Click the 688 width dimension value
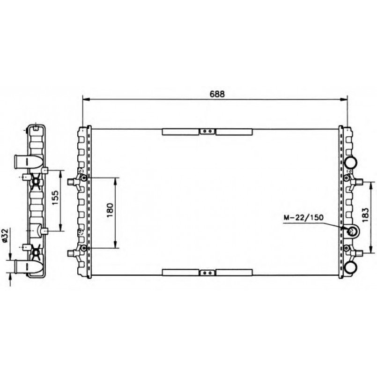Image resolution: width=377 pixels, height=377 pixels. (x=217, y=94)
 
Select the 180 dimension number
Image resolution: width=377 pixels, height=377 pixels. (x=110, y=210)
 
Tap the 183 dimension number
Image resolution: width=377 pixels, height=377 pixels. (x=365, y=214)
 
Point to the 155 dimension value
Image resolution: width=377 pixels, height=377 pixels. (x=55, y=197)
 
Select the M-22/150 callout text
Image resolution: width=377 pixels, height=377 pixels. (x=303, y=218)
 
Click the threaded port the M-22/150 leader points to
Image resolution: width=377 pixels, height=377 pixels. (x=351, y=231)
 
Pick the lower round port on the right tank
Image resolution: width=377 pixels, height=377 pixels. (x=351, y=267)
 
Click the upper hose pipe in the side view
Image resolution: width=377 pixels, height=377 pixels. (x=29, y=161)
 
